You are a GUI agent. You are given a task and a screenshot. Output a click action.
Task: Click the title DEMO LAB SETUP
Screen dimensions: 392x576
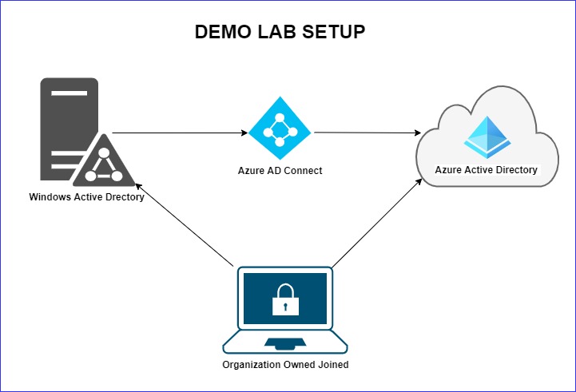pos(280,33)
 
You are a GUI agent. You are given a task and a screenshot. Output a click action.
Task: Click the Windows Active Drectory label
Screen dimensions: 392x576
pos(86,196)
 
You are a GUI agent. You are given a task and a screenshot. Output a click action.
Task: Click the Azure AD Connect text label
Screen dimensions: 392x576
pos(280,170)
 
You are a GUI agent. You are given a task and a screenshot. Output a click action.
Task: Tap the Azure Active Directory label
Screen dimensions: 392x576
pos(486,170)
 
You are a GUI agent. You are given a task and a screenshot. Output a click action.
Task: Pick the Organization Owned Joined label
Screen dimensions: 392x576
pos(285,365)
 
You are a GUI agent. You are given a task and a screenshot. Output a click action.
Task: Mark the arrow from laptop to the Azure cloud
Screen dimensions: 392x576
pos(375,224)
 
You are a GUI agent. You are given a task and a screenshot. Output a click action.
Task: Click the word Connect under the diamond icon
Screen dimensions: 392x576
pos(303,170)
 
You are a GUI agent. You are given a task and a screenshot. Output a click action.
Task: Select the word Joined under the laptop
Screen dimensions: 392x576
pos(332,365)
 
